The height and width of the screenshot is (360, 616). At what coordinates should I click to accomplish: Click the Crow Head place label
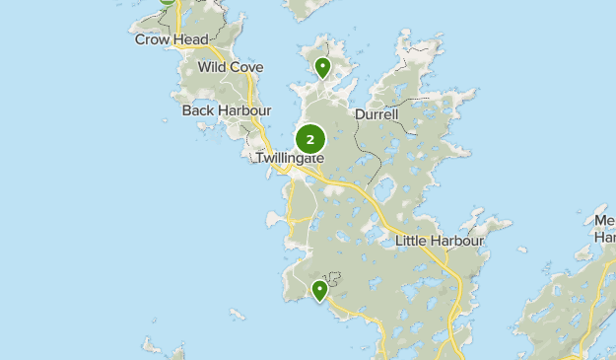pos(172,39)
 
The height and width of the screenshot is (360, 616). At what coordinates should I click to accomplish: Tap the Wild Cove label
pos(231,67)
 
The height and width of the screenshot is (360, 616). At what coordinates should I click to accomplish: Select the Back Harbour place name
pos(226,110)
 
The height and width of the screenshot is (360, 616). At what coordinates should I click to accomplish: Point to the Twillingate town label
pos(290,158)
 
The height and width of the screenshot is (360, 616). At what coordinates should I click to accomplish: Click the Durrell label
pos(376,114)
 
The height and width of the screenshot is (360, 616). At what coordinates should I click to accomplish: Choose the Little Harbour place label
pos(440,241)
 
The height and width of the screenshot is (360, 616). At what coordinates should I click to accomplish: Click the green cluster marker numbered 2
pos(310,140)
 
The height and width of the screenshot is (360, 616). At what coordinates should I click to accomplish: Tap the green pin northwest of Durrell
pos(322,68)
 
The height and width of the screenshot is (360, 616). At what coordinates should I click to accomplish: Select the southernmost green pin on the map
pos(319,290)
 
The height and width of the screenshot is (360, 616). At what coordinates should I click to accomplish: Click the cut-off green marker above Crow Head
pos(168,2)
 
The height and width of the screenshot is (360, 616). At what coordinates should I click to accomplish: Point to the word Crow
pos(153,39)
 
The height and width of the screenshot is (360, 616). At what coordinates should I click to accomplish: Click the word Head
pos(191,39)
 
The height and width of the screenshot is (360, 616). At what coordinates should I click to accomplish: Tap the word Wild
pos(212,67)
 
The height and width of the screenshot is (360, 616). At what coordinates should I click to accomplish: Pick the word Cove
pos(246,67)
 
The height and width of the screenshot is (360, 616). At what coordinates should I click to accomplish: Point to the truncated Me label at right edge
pos(605,221)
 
